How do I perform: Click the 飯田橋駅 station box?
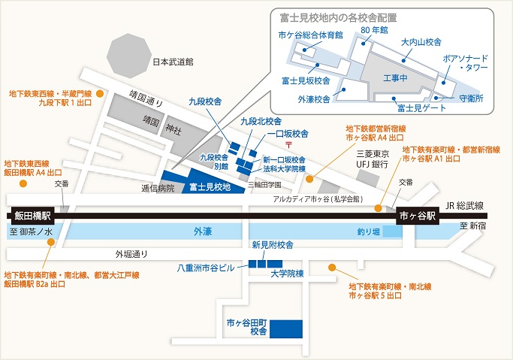coord(32,216)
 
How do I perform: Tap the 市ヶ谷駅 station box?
coord(418,216)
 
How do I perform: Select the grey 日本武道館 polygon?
coord(129,56)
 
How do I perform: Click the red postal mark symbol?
coord(289,144)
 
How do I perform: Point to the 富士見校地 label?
coord(210,187)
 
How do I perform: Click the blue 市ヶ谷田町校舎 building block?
coord(286,329)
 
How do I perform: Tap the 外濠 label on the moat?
coord(203,231)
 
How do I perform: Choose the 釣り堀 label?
coord(369,231)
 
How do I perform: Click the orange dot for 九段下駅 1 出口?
coord(100,94)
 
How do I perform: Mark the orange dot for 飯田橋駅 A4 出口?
coord(23,183)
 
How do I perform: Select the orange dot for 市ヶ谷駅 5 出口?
coord(332,268)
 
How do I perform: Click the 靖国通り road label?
coord(146,99)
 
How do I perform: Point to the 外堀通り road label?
coord(131,254)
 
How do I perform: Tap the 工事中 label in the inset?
coord(395,78)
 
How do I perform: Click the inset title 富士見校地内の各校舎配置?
coord(338,18)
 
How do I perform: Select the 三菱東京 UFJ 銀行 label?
coord(373,159)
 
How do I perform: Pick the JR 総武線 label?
coord(465,205)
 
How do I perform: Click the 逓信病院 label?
coord(158,188)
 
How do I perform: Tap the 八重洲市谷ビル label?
coord(206,268)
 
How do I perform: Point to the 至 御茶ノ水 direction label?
coord(31,231)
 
